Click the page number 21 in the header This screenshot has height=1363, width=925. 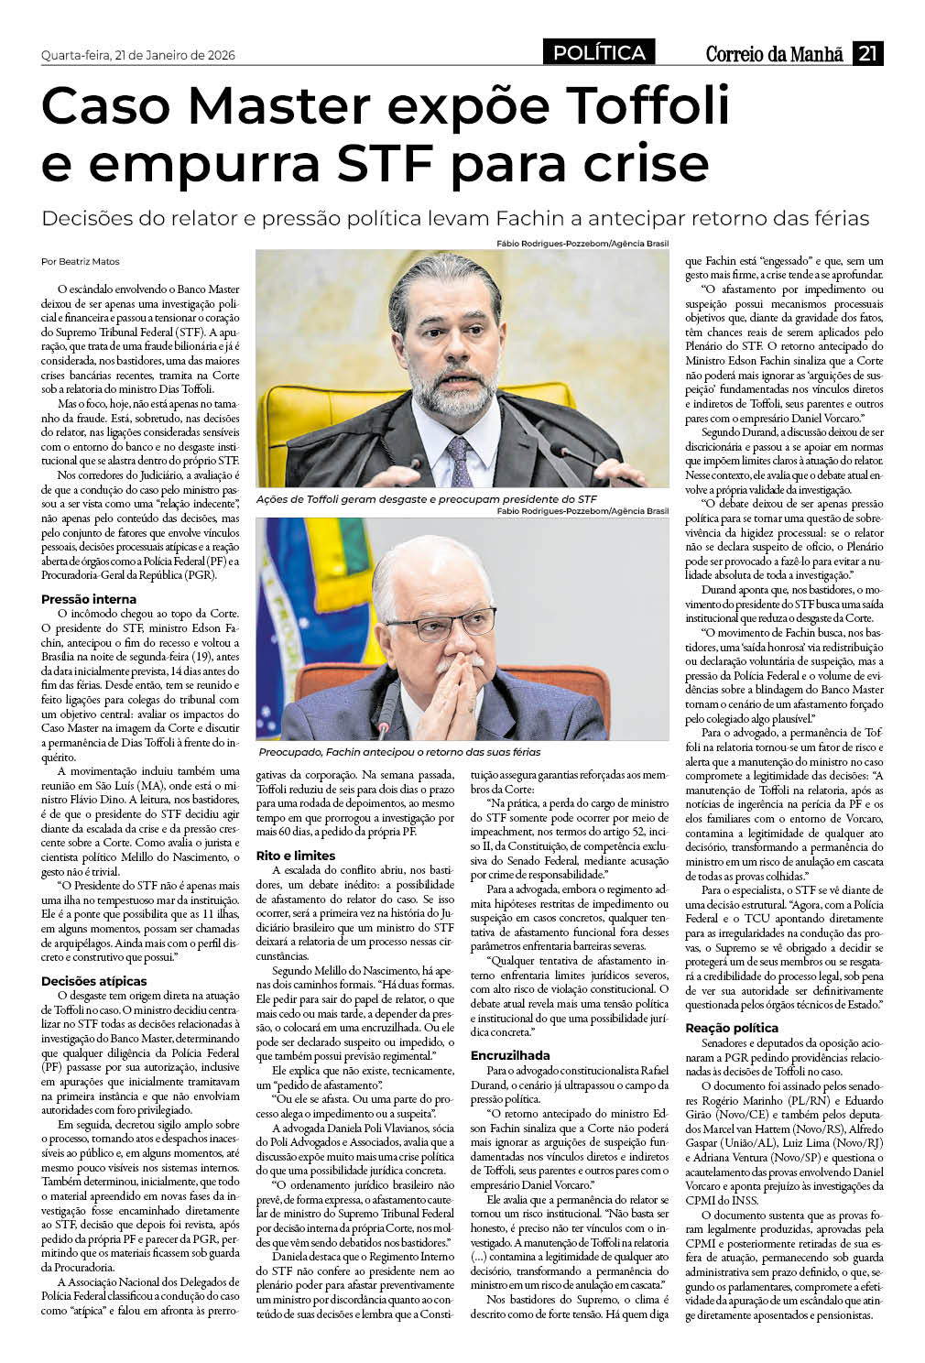click(x=868, y=53)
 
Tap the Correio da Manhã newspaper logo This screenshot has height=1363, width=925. click(x=774, y=54)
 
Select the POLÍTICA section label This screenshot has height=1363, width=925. click(x=599, y=53)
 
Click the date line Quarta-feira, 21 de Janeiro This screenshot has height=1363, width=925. click(x=138, y=55)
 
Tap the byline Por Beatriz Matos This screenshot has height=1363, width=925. click(x=81, y=261)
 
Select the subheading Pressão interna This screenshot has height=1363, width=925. click(x=89, y=599)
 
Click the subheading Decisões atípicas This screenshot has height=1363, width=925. click(x=93, y=981)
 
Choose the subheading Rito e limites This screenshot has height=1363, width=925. click(x=296, y=855)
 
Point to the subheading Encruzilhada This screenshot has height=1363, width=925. click(x=510, y=1055)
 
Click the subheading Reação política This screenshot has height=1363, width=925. click(x=732, y=1028)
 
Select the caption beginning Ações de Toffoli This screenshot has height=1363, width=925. click(x=427, y=499)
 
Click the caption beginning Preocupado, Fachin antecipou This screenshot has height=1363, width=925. click(x=399, y=751)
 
